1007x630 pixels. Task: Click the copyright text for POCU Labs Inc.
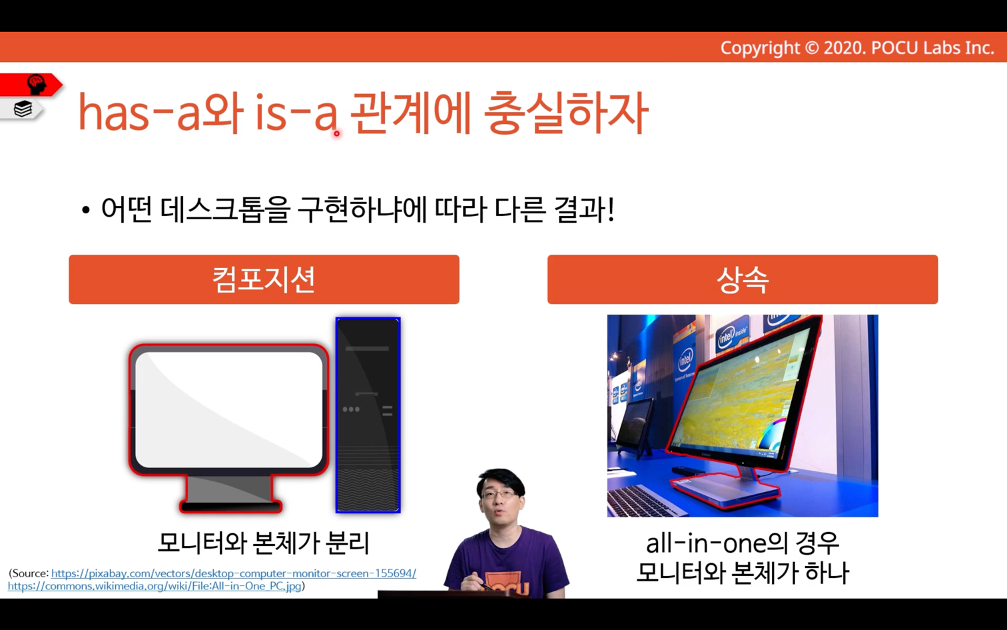[857, 48]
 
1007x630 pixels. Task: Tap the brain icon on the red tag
[37, 84]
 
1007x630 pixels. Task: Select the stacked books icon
[23, 109]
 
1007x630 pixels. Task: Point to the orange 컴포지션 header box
[264, 279]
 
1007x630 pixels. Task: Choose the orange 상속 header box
[743, 279]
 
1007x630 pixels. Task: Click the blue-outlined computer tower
[368, 415]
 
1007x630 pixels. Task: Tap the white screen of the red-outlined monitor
[229, 409]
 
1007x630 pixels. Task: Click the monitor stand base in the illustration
[230, 506]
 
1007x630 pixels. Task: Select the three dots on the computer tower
[351, 409]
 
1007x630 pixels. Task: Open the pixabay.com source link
[234, 573]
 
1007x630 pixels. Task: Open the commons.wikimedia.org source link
[155, 586]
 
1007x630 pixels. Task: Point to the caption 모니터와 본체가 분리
[264, 543]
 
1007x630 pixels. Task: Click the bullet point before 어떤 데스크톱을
[86, 210]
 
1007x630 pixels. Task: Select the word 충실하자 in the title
[566, 113]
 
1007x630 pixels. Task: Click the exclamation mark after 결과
[610, 210]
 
